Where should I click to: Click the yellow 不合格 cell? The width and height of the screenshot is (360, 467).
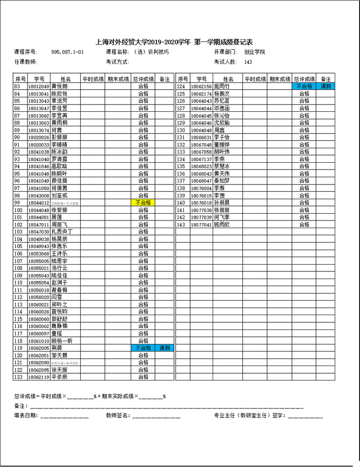click(x=143, y=203)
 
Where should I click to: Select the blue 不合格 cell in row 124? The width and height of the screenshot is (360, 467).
click(x=305, y=87)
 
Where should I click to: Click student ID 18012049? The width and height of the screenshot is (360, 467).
click(x=38, y=87)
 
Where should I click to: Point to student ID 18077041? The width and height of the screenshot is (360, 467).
click(x=201, y=224)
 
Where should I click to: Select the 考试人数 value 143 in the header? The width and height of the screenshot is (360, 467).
click(x=248, y=62)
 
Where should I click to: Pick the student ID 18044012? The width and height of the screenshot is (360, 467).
click(x=38, y=203)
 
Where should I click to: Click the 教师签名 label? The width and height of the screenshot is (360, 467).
click(x=118, y=415)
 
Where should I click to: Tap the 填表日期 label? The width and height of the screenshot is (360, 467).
click(x=26, y=415)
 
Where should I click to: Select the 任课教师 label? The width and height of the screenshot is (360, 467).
click(x=26, y=62)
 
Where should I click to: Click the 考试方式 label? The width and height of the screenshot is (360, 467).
click(x=118, y=62)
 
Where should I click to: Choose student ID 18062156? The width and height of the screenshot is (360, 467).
click(x=201, y=87)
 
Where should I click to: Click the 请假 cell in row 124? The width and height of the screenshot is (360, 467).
click(x=326, y=87)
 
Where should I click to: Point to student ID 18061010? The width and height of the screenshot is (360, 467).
click(x=38, y=341)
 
